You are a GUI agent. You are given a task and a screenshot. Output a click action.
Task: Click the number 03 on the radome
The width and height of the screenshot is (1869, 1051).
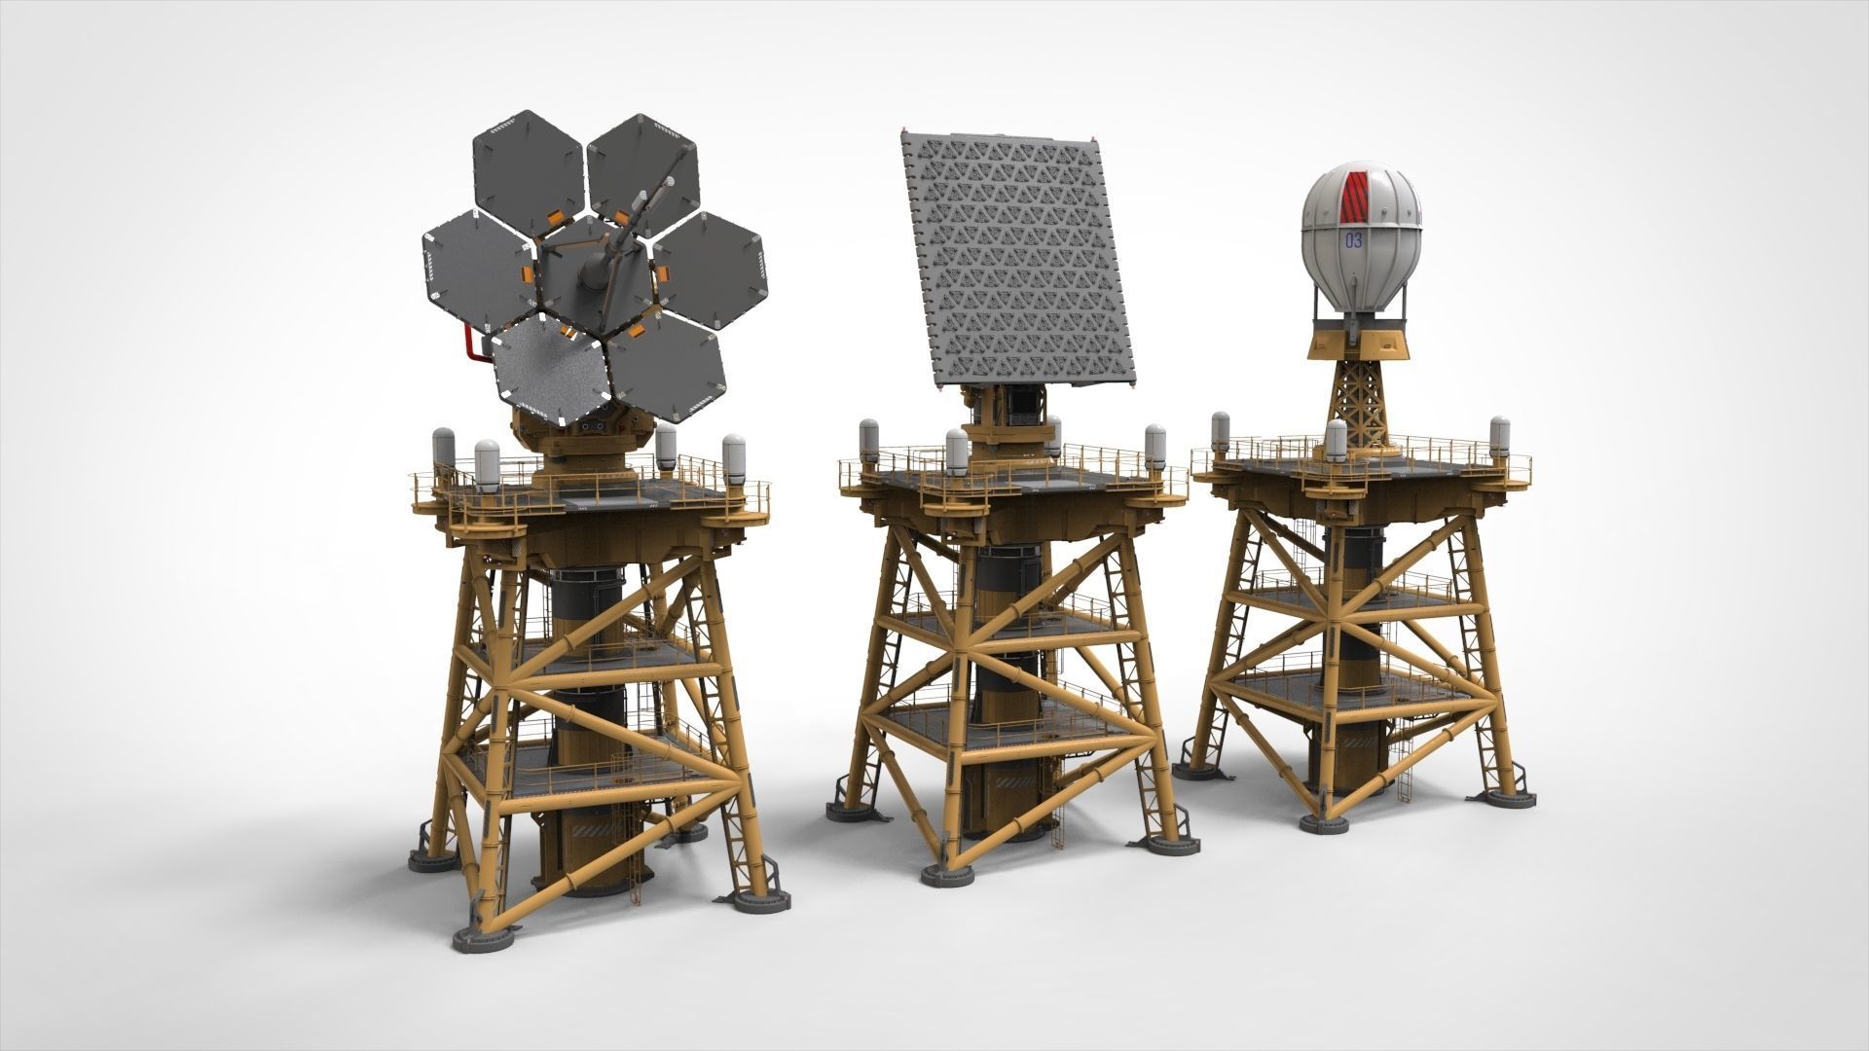coord(1353,240)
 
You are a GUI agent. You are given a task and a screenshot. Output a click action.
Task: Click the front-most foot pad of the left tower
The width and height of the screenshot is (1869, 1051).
coord(482,939)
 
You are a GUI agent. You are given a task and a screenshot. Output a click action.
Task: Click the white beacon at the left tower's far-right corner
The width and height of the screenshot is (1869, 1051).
coord(733,454)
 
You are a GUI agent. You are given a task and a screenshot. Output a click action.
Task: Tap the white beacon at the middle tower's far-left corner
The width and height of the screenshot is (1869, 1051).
coord(869,440)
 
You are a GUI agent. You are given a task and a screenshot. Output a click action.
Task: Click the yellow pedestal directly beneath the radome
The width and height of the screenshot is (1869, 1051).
coord(1360,341)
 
